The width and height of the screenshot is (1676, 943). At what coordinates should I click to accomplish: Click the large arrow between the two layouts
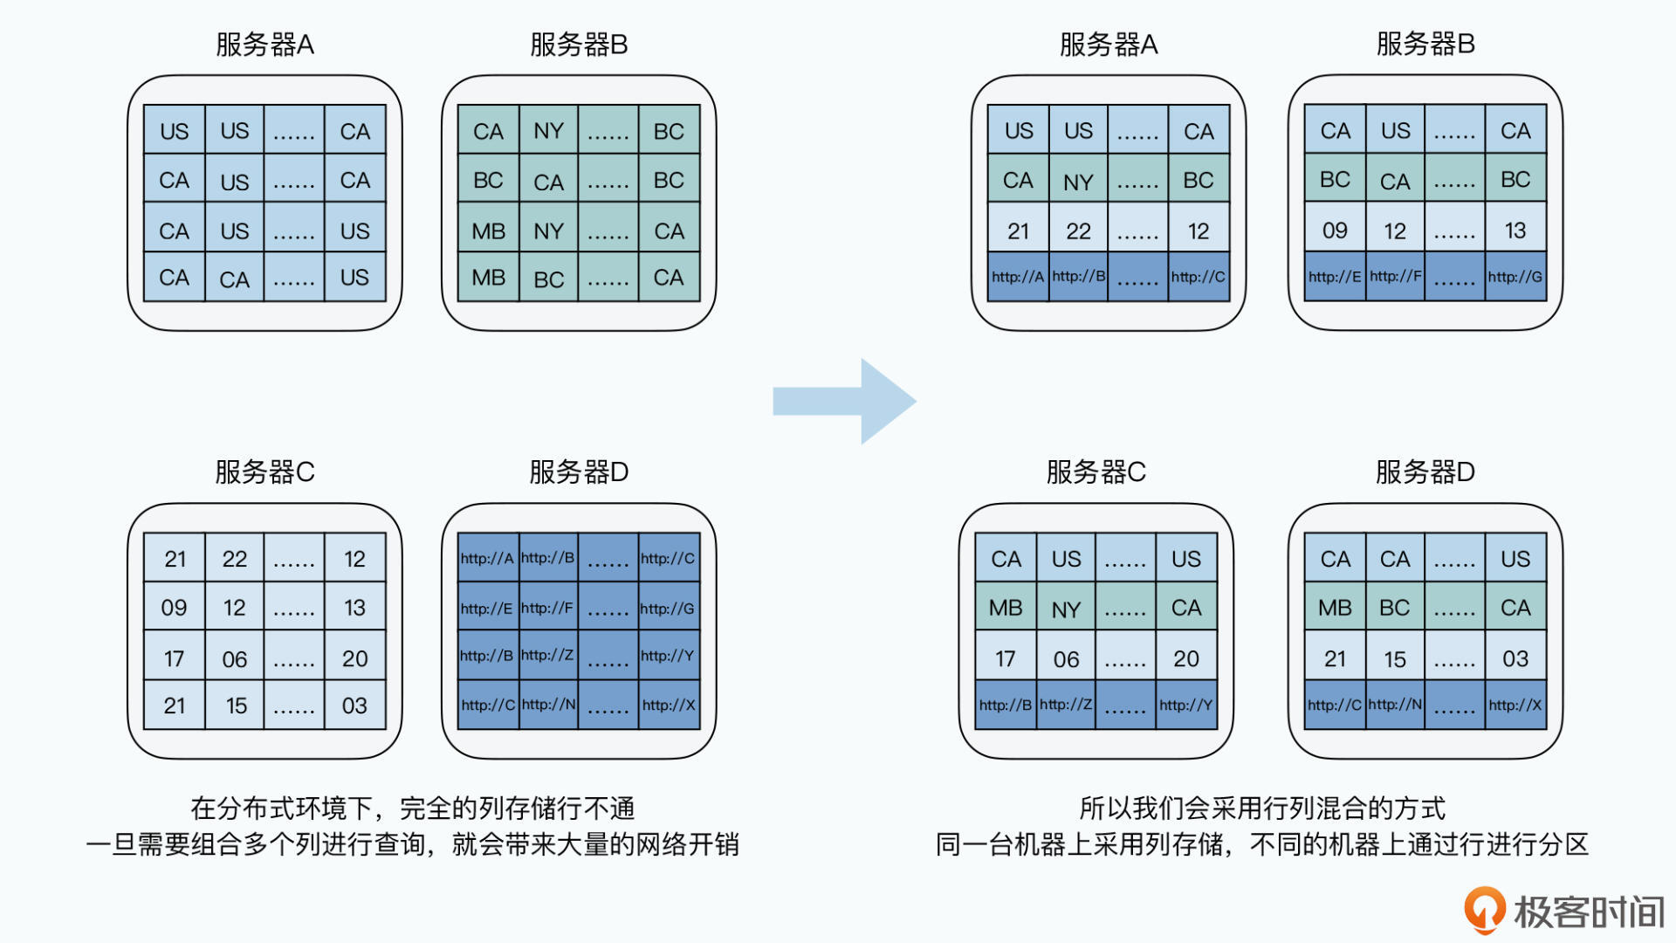click(x=843, y=401)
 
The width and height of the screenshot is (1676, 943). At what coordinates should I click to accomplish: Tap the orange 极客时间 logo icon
click(x=1483, y=910)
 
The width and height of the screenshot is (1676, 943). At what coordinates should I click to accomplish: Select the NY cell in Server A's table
click(x=1078, y=182)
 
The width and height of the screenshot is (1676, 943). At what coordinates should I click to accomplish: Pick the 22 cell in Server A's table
click(x=1078, y=231)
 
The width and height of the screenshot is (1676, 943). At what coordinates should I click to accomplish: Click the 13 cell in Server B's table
click(x=1515, y=231)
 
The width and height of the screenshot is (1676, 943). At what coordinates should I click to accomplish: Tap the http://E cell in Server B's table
click(x=1334, y=277)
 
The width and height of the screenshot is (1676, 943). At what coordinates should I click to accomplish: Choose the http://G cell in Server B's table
click(x=1515, y=277)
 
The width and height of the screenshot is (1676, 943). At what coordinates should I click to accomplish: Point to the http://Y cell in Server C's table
click(x=1185, y=705)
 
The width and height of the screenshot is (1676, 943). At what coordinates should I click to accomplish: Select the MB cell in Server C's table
click(x=1006, y=608)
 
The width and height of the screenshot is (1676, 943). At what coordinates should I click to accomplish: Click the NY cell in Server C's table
click(x=1066, y=609)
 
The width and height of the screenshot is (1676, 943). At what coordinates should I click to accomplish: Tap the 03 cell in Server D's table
click(x=1515, y=658)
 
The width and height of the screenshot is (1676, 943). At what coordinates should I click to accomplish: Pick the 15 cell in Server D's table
click(x=1394, y=659)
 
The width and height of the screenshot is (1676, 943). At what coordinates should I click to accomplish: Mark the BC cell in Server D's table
click(x=1394, y=608)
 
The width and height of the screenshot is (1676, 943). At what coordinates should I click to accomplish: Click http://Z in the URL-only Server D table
click(x=547, y=655)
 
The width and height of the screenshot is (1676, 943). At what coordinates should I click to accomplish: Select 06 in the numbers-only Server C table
click(x=234, y=659)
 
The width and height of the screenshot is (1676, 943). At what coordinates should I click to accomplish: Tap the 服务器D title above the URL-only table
click(x=579, y=472)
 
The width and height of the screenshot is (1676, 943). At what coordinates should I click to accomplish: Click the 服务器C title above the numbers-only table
click(x=264, y=472)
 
